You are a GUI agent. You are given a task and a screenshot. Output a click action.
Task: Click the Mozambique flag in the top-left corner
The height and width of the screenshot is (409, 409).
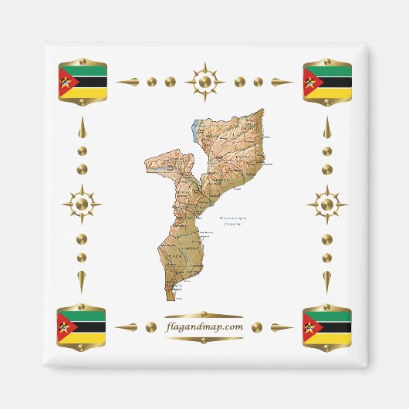(x=82, y=82)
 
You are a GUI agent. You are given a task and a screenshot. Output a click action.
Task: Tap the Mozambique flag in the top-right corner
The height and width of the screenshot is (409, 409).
(x=327, y=82)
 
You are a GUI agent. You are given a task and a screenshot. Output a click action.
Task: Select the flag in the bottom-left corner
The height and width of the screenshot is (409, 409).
(x=82, y=327)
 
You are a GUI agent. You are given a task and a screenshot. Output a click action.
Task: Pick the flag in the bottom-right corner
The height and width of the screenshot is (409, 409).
(x=327, y=327)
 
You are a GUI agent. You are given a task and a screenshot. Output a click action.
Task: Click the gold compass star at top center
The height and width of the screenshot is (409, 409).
(x=204, y=80)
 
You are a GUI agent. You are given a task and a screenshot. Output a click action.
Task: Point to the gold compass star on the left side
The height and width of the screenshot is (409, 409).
(x=81, y=204)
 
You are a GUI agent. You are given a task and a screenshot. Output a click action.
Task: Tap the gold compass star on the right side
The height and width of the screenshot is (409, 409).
(x=327, y=204)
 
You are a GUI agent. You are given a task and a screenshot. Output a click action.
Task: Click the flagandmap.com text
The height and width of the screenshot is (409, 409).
(x=204, y=326)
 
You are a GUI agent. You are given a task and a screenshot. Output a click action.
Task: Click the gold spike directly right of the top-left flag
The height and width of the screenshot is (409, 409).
(x=128, y=81)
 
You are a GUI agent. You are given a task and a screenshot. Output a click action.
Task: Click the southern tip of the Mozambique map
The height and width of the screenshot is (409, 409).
(x=170, y=298)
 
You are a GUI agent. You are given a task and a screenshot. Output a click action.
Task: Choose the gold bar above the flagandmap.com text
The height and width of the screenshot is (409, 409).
(x=204, y=314)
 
